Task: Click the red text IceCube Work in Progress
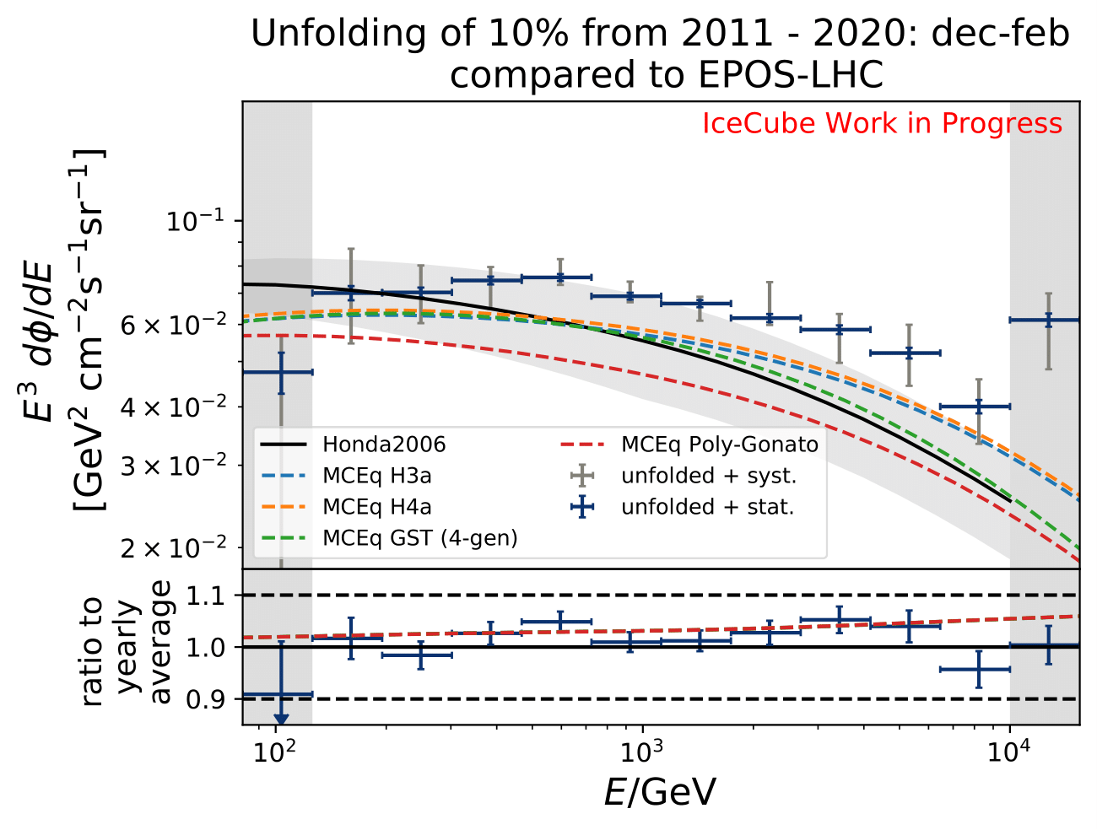[882, 124]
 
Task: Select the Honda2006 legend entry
[384, 445]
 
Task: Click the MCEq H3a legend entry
[376, 476]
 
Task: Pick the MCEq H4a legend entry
[376, 507]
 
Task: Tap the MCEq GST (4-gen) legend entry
[419, 538]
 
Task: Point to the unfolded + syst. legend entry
[709, 476]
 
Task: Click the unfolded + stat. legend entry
[707, 507]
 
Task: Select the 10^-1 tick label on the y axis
[194, 221]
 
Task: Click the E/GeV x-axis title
[661, 793]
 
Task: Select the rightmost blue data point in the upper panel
[1048, 321]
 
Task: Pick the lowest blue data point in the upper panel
[281, 371]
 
